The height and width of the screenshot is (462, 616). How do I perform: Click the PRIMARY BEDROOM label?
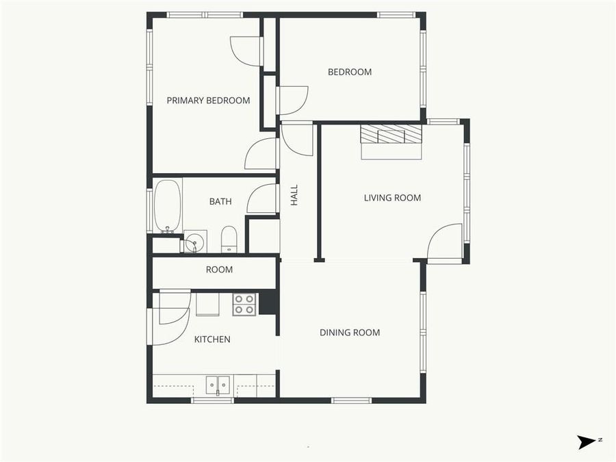(208, 101)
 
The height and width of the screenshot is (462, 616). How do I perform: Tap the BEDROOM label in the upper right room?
(349, 72)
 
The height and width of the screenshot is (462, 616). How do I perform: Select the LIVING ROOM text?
(392, 198)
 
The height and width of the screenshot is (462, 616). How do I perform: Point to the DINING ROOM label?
(350, 333)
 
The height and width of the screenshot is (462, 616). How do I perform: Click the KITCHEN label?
(212, 339)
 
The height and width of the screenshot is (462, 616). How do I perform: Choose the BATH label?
(220, 201)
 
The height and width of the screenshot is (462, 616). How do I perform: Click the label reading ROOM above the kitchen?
(219, 270)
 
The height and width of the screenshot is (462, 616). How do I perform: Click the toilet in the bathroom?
(229, 240)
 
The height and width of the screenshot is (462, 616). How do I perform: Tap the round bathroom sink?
(194, 242)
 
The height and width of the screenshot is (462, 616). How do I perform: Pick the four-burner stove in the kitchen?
(244, 304)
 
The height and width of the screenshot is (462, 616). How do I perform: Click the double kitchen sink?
(218, 385)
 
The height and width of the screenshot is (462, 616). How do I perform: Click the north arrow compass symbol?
(587, 442)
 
